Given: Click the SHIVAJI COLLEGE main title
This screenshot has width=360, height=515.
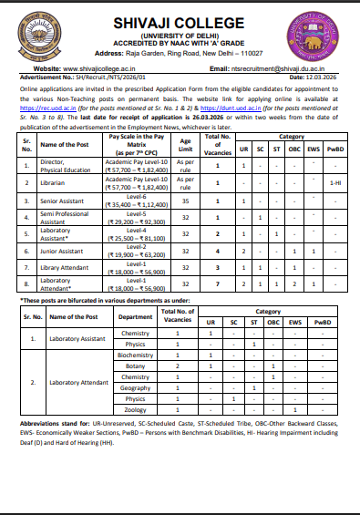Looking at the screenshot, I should click(x=180, y=24).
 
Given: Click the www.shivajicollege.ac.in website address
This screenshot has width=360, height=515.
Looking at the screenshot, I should click(x=100, y=68).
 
